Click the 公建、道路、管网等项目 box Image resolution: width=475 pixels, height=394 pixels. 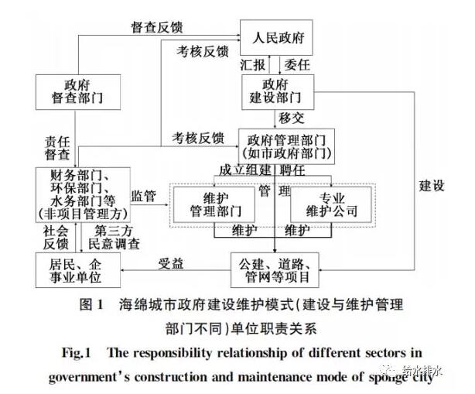[275, 269]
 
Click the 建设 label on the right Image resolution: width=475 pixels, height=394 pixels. [432, 185]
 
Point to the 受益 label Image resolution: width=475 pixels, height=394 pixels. [172, 263]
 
